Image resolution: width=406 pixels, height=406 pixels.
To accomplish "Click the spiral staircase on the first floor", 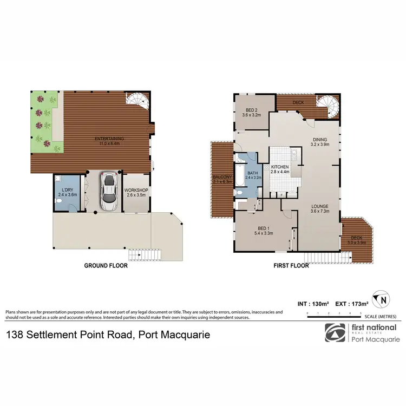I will coord(326,104).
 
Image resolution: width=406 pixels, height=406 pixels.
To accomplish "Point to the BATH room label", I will coord(253,174).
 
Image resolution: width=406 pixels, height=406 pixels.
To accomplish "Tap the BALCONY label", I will coord(221,179).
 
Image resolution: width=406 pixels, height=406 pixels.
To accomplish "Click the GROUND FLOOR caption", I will coord(106,266).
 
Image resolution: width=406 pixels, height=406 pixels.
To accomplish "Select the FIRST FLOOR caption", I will coord(291,266).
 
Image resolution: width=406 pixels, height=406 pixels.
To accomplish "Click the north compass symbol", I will coord(383,298).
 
